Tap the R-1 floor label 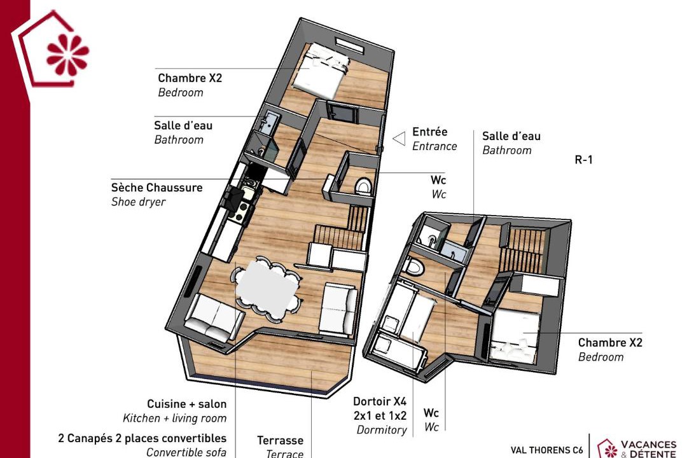click(583, 160)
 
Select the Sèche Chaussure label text click(157, 188)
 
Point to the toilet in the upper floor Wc click(363, 186)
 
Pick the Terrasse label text click(280, 440)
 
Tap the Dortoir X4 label click(380, 401)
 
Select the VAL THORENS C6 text click(547, 450)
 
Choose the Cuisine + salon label click(186, 404)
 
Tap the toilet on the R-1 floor click(415, 267)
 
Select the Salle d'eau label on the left click(183, 125)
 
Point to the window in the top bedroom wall click(349, 45)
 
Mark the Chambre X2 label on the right click(610, 342)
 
